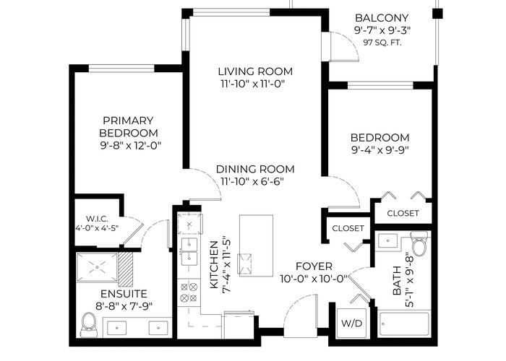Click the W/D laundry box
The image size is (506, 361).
click(x=352, y=323)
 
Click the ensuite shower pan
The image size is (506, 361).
click(x=97, y=268)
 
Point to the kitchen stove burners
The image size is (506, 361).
click(x=189, y=292)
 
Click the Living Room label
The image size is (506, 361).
click(x=255, y=71)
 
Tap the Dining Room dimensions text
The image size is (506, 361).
click(x=252, y=181)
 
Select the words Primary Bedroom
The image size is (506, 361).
click(x=129, y=126)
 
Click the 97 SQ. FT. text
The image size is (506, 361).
click(x=382, y=43)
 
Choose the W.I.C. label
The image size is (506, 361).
click(x=97, y=219)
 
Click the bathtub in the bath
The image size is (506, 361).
click(x=404, y=324)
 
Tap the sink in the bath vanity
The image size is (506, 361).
click(x=387, y=240)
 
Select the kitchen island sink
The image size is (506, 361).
click(x=244, y=264)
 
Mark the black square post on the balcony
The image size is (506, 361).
click(x=437, y=14)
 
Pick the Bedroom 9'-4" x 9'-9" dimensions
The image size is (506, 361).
click(x=379, y=150)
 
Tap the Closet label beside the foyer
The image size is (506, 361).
click(x=348, y=228)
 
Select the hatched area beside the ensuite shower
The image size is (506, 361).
click(x=126, y=269)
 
